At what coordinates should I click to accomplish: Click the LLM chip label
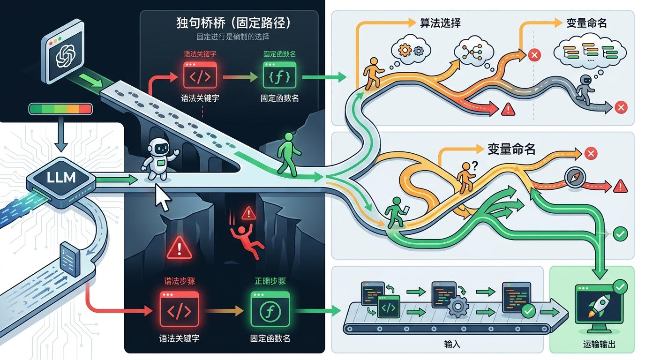pyautogui.click(x=61, y=179)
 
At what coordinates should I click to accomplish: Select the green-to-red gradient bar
pyautogui.click(x=60, y=109)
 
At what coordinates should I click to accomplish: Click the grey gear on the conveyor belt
pyautogui.click(x=458, y=307)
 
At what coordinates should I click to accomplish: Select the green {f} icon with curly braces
pyautogui.click(x=279, y=75)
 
